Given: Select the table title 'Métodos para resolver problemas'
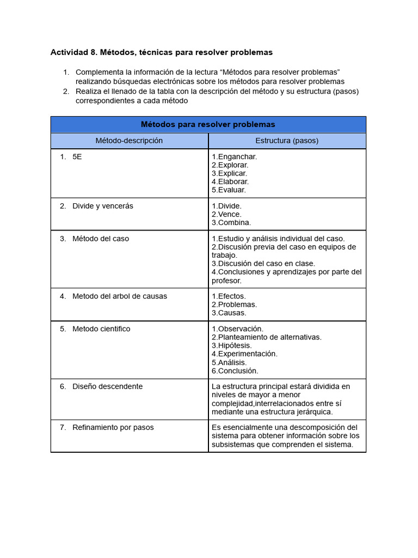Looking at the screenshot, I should pos(208,124).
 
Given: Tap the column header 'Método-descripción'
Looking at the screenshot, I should pos(129,141).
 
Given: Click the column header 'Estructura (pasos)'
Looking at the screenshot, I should pos(287,141).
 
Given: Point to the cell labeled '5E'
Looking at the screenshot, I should pos(77,157).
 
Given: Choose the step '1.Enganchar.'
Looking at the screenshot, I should pos(234,157).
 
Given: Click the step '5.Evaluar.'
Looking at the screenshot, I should pos(229,190).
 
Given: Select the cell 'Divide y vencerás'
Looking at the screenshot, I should pos(102,206).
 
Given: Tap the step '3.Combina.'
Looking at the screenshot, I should pos(231,222).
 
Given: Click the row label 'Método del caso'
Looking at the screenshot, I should pos(101,239).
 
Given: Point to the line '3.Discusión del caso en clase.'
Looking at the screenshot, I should pos(263,264).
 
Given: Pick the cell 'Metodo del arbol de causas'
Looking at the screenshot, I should pos(120,296).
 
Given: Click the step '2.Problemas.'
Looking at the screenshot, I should pos(234,305).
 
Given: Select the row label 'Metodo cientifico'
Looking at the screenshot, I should pos(101,329).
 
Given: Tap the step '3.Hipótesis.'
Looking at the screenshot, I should pos(232,345).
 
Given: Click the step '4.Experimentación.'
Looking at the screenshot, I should pos(244,354).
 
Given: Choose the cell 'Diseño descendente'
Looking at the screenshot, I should pos(107,386).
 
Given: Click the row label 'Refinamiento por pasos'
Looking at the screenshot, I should pos(113,428).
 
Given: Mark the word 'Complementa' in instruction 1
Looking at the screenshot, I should pos(99,72).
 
